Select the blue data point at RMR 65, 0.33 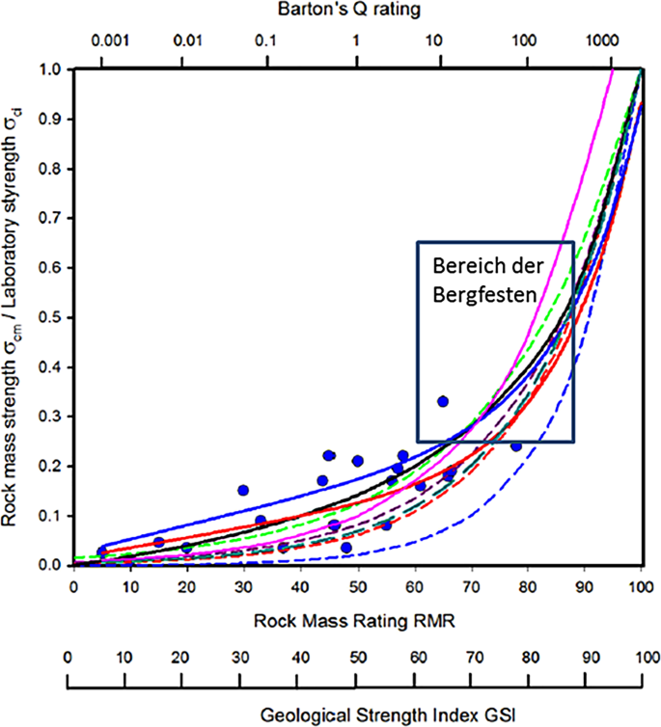coord(443,401)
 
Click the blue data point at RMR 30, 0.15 coord(243,490)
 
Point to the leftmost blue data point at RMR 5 coord(102,551)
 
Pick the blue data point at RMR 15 coord(159,542)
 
